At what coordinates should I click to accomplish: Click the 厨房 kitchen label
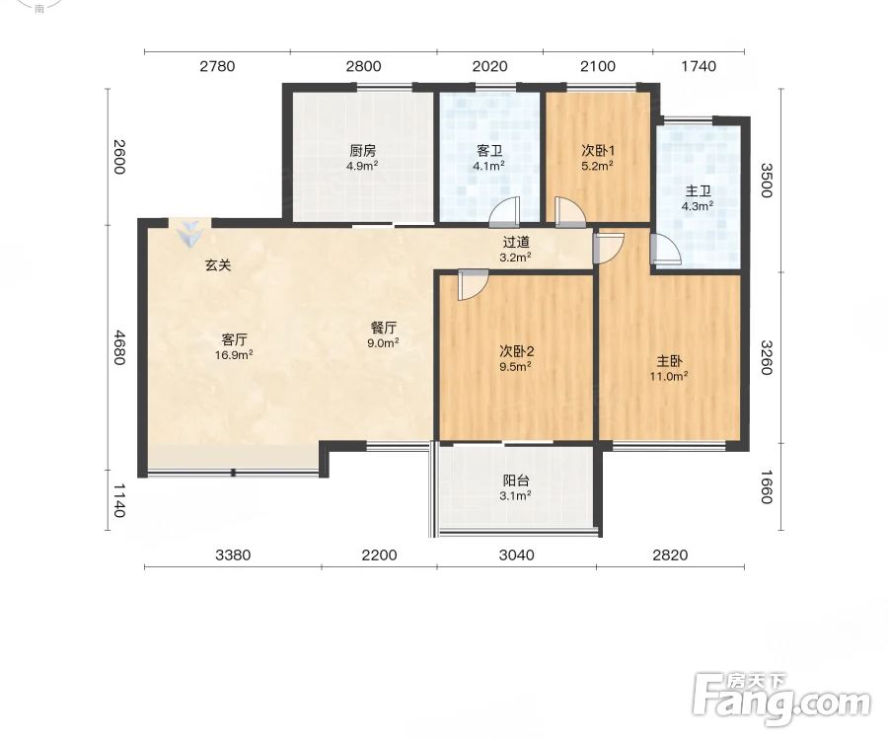coord(362,151)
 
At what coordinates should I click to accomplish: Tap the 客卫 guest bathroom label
coord(489,151)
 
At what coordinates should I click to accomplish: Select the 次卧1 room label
coord(598,151)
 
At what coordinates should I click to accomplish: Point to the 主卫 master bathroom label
coord(698,191)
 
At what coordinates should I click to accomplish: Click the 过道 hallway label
coord(516,243)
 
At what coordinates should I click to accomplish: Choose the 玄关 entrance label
coord(218,264)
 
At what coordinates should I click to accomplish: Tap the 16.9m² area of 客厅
coord(234,355)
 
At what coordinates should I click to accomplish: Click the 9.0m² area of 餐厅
coord(384,342)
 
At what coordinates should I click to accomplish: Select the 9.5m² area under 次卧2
coord(515,366)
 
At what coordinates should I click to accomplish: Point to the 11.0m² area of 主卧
coord(669,376)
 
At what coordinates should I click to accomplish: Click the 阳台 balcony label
coord(516,481)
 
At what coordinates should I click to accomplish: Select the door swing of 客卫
coord(504,211)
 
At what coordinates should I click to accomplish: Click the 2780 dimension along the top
coord(217,66)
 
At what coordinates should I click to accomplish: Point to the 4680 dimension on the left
coord(118,347)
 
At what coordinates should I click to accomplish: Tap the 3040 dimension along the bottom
coord(516,555)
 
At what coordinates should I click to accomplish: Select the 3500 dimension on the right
coord(766,180)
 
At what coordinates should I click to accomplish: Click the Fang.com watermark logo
coord(782,700)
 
